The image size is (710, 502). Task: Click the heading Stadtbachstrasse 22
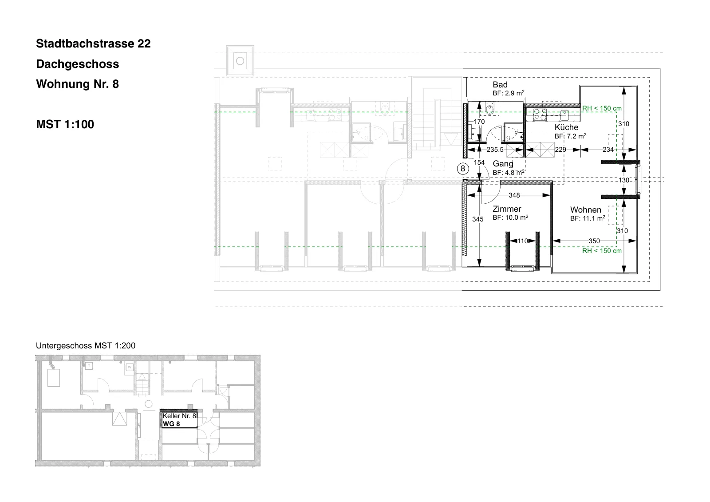click(x=93, y=43)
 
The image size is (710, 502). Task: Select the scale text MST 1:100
click(x=65, y=124)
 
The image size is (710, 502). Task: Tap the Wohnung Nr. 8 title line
click(x=77, y=84)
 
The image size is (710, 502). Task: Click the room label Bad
click(x=500, y=85)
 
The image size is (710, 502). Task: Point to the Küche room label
click(x=566, y=127)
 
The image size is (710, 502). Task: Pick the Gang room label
click(x=503, y=164)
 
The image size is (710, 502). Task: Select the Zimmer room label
click(x=507, y=209)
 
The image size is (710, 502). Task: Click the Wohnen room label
click(x=585, y=210)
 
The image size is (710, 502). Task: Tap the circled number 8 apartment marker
click(x=463, y=168)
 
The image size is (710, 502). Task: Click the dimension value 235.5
click(x=495, y=150)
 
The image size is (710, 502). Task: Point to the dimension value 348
click(x=514, y=195)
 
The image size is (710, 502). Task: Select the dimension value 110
click(x=523, y=241)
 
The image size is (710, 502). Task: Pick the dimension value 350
click(x=594, y=241)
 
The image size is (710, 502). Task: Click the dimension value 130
click(x=624, y=181)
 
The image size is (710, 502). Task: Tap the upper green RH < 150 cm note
click(x=602, y=108)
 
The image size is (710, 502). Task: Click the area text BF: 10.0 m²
click(x=510, y=217)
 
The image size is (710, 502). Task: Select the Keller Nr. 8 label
click(x=179, y=416)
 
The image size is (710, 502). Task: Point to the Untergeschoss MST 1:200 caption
click(x=86, y=346)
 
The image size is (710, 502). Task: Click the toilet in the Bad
click(x=490, y=108)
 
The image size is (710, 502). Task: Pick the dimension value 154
click(x=479, y=163)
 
